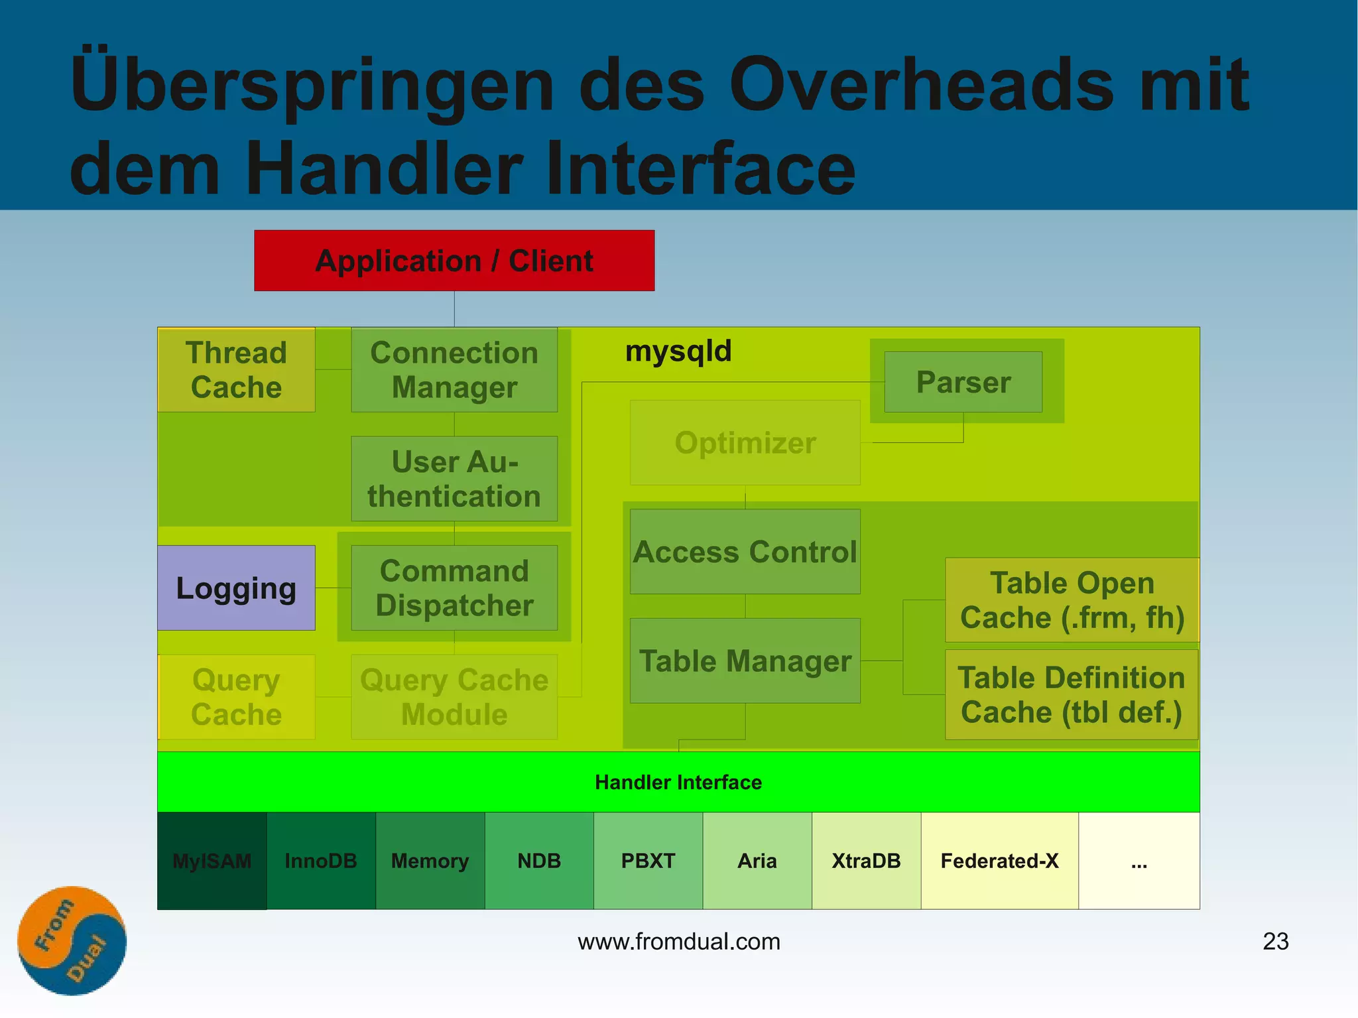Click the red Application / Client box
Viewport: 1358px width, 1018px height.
click(454, 261)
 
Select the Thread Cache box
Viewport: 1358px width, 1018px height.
click(236, 370)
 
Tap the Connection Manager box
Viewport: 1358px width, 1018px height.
click(454, 370)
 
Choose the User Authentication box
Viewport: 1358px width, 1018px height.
click(454, 479)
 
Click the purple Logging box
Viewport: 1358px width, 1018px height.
click(236, 588)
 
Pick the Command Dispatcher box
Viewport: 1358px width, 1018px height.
click(454, 588)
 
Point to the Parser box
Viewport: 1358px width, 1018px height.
click(963, 382)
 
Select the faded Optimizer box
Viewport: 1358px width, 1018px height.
click(745, 442)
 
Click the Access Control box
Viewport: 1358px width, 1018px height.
click(745, 552)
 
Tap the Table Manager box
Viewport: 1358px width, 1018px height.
click(745, 661)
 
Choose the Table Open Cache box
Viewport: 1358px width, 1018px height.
click(1072, 600)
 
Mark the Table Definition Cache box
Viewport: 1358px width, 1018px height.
click(1072, 694)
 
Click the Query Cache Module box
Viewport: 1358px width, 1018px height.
click(454, 697)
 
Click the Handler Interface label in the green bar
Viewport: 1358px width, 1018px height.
click(678, 783)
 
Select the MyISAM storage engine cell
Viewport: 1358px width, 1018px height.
click(212, 861)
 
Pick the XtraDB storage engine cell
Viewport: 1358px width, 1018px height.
click(866, 861)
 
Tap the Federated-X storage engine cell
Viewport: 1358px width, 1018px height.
click(999, 861)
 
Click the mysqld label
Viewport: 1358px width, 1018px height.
click(678, 351)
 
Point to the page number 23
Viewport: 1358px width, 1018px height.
click(1275, 941)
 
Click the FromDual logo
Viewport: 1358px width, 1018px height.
click(72, 940)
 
